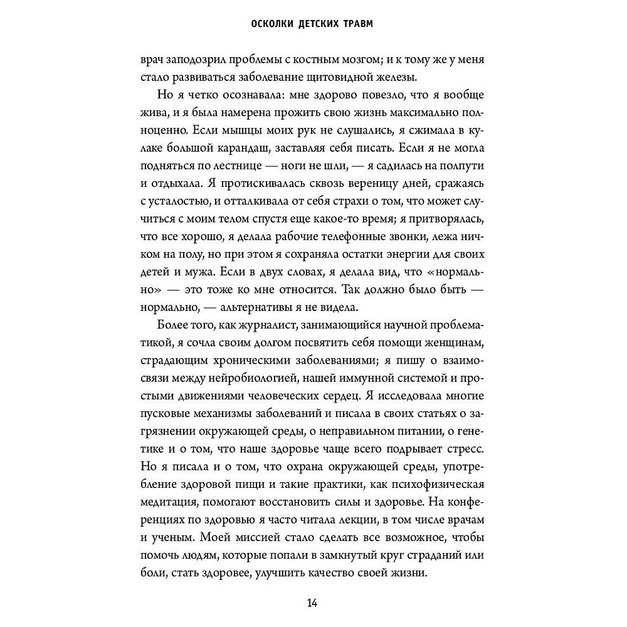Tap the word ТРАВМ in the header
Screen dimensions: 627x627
(364, 25)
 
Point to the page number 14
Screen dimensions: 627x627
(313, 603)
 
